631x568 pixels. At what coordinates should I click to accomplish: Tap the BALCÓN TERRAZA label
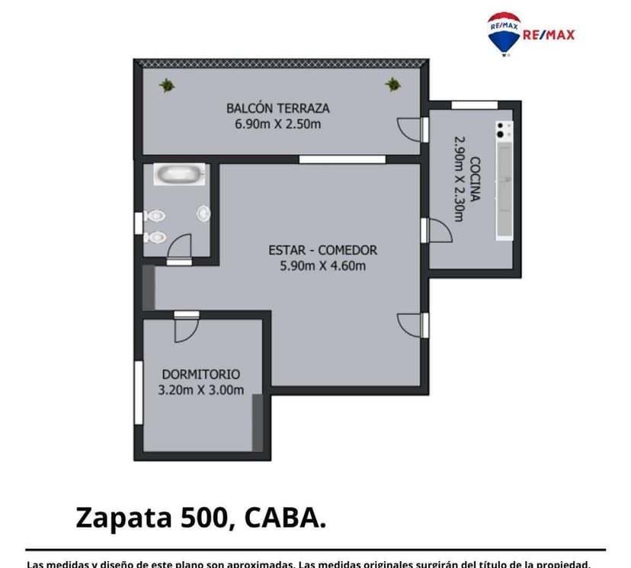(x=278, y=108)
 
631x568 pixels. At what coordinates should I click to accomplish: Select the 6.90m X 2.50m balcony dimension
(x=278, y=123)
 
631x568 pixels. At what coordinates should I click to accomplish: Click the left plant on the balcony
(x=167, y=85)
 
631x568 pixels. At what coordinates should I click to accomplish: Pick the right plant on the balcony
(x=392, y=84)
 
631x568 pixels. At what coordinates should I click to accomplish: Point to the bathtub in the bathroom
(x=181, y=174)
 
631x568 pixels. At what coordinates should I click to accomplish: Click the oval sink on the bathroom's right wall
(x=203, y=213)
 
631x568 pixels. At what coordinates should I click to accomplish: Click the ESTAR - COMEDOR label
(x=322, y=250)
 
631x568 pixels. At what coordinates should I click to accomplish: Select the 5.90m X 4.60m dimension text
(x=322, y=266)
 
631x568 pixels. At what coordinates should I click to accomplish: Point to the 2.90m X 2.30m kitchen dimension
(x=459, y=179)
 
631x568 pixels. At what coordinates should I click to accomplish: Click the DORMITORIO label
(x=200, y=374)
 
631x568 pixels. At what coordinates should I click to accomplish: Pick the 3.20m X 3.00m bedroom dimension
(x=200, y=390)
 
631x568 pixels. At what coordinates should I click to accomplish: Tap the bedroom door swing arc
(x=185, y=329)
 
